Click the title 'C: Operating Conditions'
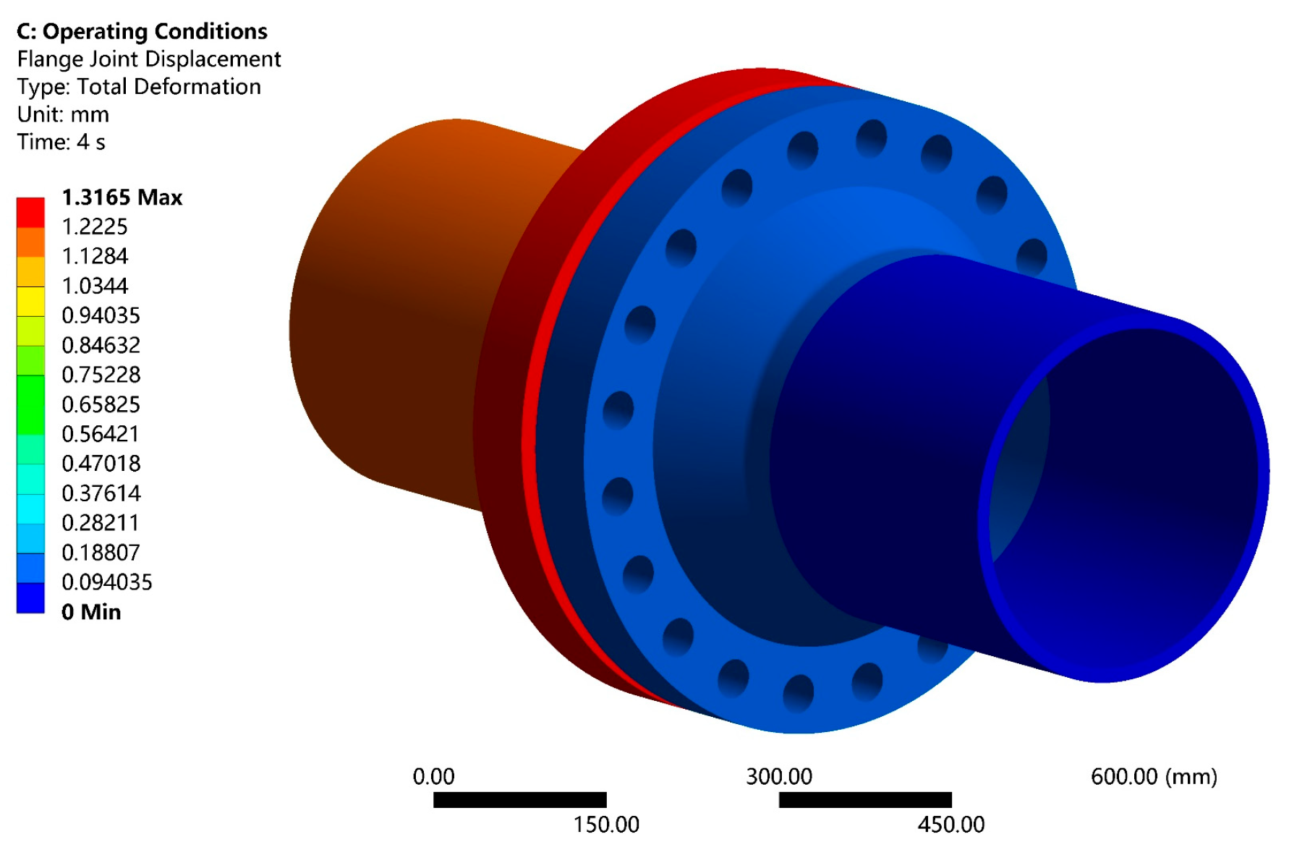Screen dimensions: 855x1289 (142, 31)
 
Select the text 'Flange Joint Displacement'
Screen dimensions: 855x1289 (149, 59)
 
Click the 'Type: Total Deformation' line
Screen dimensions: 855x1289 (139, 87)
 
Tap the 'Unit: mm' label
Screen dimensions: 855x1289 (64, 114)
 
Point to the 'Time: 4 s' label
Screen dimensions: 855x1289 (61, 142)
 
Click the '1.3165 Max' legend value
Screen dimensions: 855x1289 (122, 197)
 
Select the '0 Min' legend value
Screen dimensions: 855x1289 (91, 612)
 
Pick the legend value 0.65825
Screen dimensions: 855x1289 (101, 404)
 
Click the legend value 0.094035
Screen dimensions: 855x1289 (107, 582)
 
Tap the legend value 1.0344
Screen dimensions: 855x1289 (95, 286)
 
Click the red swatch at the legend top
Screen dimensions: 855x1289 (30, 213)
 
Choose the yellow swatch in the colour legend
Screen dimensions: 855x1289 (30, 302)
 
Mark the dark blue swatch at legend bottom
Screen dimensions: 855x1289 (30, 597)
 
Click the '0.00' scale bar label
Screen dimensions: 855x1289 (433, 777)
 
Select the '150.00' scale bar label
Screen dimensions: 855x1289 (606, 825)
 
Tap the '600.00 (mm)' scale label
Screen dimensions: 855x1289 (1153, 777)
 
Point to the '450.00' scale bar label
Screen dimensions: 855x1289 (951, 825)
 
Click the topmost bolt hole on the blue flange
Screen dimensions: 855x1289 (871, 138)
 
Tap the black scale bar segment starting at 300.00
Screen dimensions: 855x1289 (865, 800)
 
